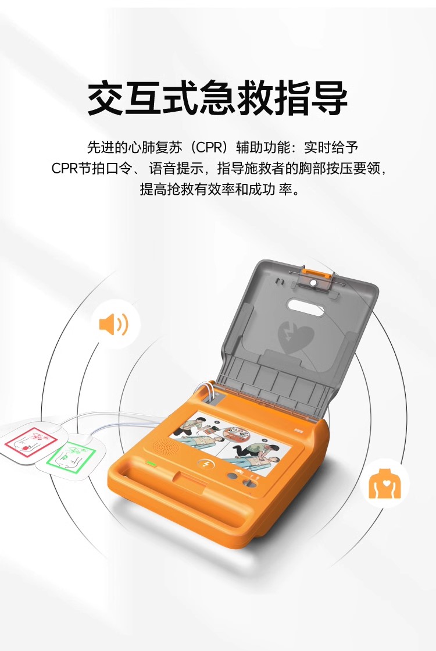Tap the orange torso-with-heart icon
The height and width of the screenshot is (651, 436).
point(385,483)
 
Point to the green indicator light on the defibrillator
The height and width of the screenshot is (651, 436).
point(150,463)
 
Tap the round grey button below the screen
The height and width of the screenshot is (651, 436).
point(231,476)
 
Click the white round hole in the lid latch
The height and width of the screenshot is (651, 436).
point(313,283)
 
